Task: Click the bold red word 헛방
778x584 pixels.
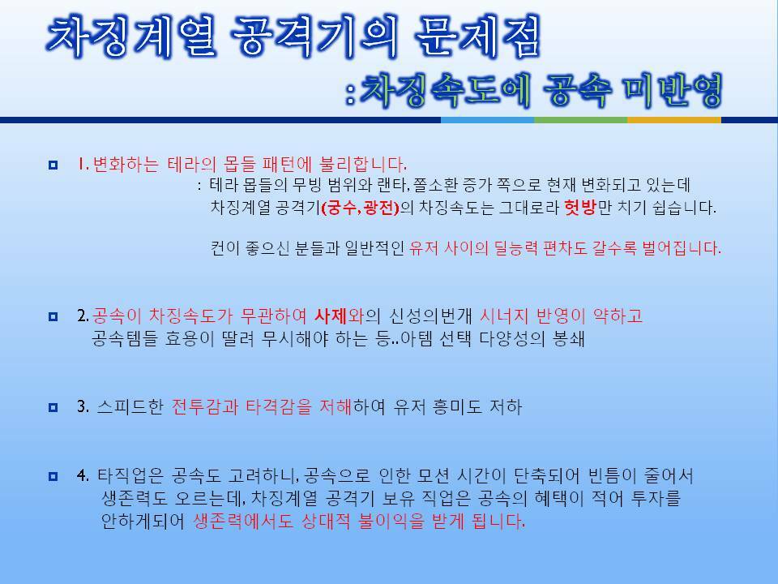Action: (580, 208)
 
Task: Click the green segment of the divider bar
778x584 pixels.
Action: (580, 120)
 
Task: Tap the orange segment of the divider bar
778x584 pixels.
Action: (673, 120)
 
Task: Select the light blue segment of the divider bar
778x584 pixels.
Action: (487, 120)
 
